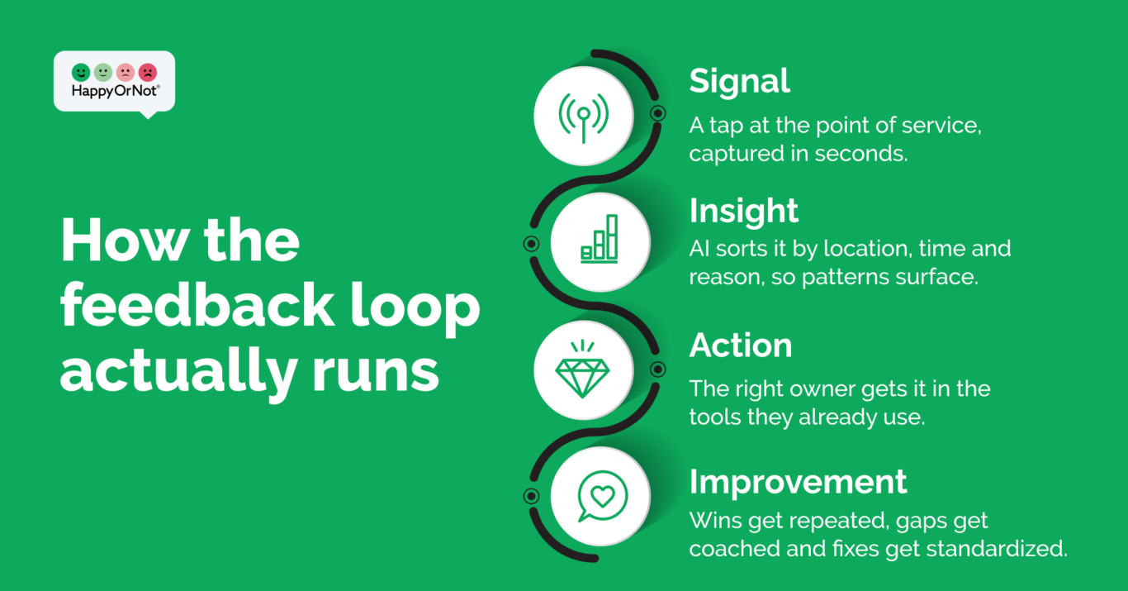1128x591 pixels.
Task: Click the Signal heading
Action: [x=740, y=81]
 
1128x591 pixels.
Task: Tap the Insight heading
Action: [x=744, y=211]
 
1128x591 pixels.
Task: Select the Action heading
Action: [x=741, y=346]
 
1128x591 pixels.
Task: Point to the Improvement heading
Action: [x=799, y=483]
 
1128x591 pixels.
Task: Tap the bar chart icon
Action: [x=600, y=239]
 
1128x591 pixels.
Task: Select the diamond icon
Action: [x=583, y=369]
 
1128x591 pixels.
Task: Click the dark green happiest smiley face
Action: [x=81, y=73]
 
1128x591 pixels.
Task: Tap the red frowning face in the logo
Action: [x=148, y=73]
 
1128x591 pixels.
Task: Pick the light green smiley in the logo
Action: [x=103, y=73]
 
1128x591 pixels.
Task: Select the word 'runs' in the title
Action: [x=376, y=373]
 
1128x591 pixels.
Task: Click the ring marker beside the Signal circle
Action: [x=657, y=113]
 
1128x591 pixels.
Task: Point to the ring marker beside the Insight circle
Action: [x=531, y=244]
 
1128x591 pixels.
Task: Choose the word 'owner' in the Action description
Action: [x=808, y=389]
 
